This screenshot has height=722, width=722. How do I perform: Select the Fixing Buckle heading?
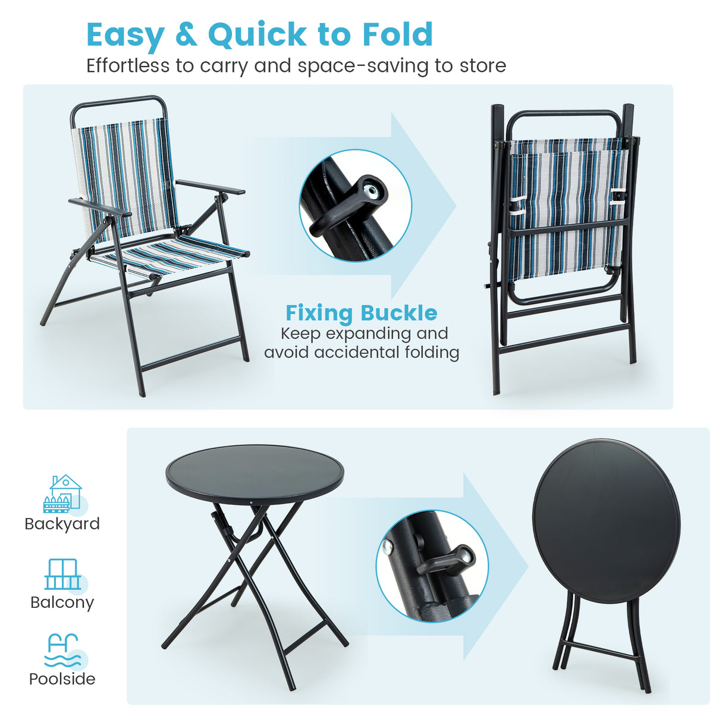coord(361,313)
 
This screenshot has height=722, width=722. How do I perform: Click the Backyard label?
coord(62,524)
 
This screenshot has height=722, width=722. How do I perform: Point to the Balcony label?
coord(62,602)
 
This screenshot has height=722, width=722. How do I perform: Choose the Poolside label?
coord(62,679)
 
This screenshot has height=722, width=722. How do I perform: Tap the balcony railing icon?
coord(62,574)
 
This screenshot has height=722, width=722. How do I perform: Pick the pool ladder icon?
coord(62,650)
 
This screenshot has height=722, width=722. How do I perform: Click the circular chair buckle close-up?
coord(355,205)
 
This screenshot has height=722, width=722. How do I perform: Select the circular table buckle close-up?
coord(432,566)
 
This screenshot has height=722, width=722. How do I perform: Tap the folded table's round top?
coord(606,513)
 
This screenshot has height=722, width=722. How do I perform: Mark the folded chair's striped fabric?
coord(568,208)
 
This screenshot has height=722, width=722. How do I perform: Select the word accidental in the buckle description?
coord(357,353)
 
